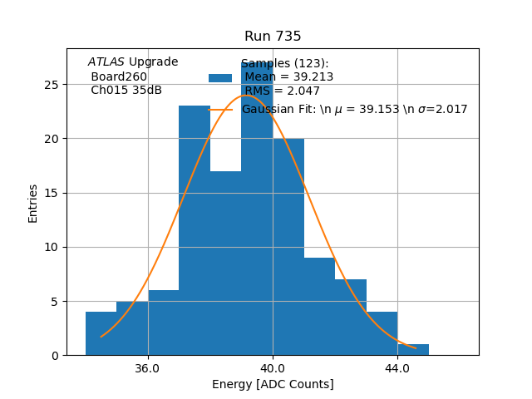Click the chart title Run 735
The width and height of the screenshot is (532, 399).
pyautogui.click(x=273, y=37)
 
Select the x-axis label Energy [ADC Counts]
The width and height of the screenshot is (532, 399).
pyautogui.click(x=273, y=384)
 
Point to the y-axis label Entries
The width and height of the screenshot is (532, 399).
pyautogui.click(x=33, y=203)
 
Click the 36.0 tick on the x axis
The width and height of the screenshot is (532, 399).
pyautogui.click(x=147, y=368)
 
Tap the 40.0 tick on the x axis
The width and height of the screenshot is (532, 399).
pyautogui.click(x=273, y=368)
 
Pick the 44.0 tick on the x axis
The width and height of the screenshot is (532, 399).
pyautogui.click(x=397, y=368)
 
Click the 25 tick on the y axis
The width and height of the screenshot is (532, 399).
pyautogui.click(x=52, y=85)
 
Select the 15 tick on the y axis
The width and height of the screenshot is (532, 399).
pyautogui.click(x=52, y=193)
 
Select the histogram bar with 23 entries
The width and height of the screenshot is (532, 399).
pyautogui.click(x=195, y=233)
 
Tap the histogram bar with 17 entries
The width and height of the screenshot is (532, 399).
pyautogui.click(x=225, y=266)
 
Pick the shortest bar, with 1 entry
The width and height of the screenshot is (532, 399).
pyautogui.click(x=413, y=350)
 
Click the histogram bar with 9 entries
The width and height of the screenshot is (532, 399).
pyautogui.click(x=319, y=308)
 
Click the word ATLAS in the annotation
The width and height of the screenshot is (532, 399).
pyautogui.click(x=106, y=62)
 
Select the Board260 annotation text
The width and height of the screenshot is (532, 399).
pyautogui.click(x=119, y=76)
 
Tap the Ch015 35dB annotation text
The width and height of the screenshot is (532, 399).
pyautogui.click(x=126, y=91)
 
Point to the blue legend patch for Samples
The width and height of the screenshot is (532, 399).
pyautogui.click(x=220, y=77)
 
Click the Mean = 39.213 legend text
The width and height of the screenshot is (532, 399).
pyautogui.click(x=288, y=77)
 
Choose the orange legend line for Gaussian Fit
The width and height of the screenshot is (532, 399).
pyautogui.click(x=220, y=109)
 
